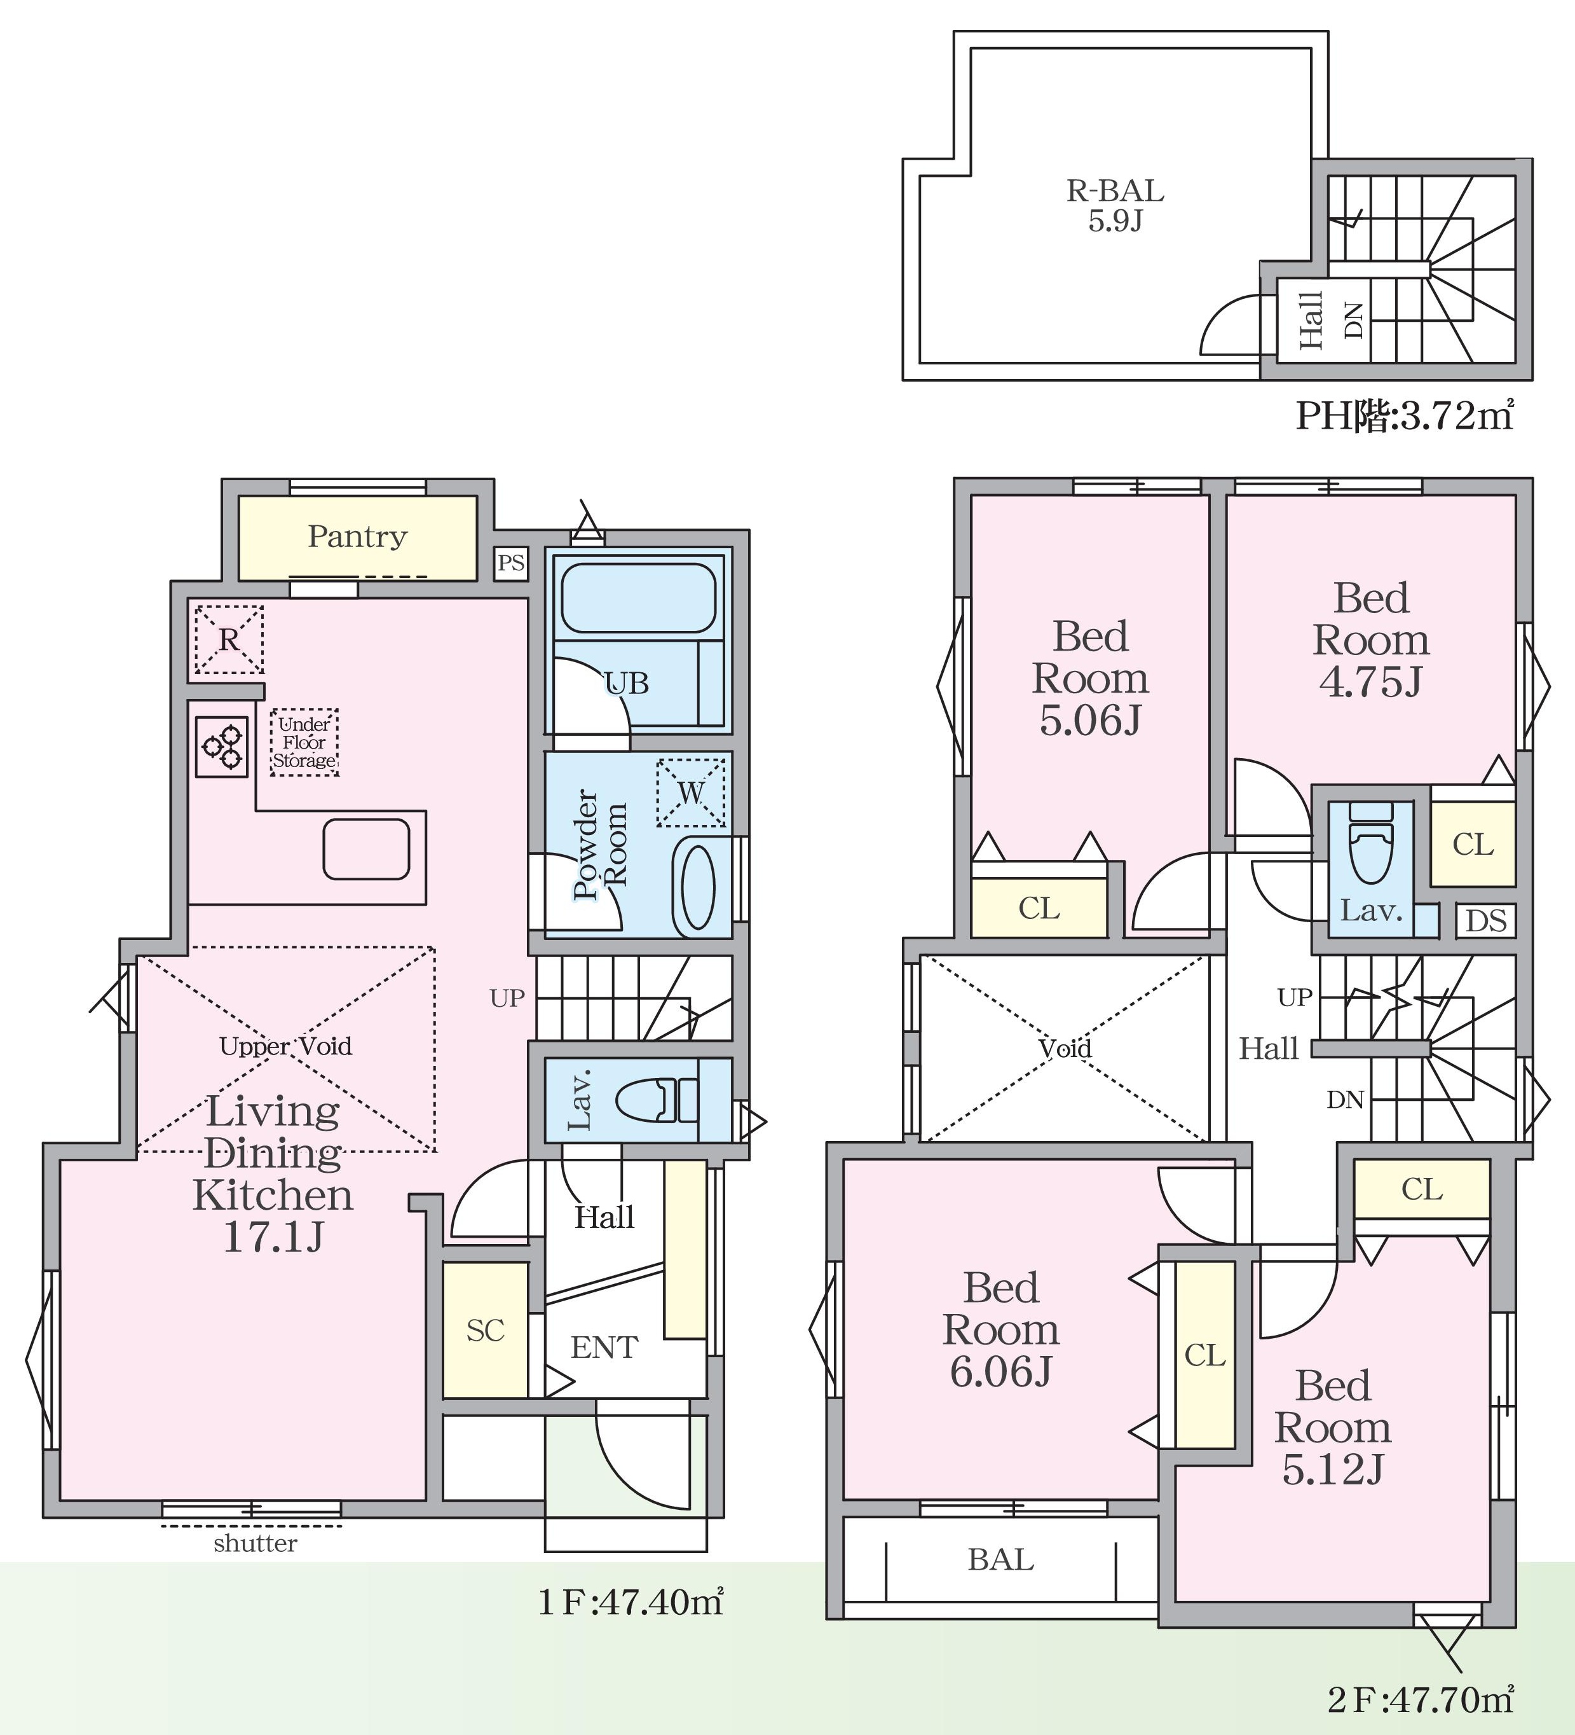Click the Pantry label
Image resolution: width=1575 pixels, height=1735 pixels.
point(357,537)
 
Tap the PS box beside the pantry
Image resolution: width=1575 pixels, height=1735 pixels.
point(511,563)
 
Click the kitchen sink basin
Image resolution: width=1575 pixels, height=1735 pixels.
point(367,850)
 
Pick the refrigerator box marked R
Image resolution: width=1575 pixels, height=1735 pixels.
point(229,639)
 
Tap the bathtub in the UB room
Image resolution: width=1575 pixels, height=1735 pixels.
point(638,598)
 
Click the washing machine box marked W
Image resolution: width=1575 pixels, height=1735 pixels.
point(691,792)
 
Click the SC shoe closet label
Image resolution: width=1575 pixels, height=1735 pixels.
point(485,1331)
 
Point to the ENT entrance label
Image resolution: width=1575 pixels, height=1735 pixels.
point(604,1347)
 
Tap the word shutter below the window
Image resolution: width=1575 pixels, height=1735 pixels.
point(256,1543)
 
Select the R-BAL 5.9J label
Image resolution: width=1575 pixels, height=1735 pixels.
point(1115,205)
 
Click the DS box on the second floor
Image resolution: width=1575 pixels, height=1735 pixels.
point(1487,921)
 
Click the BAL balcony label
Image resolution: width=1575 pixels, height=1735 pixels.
point(1000,1559)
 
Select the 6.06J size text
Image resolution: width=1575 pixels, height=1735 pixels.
point(1000,1371)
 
